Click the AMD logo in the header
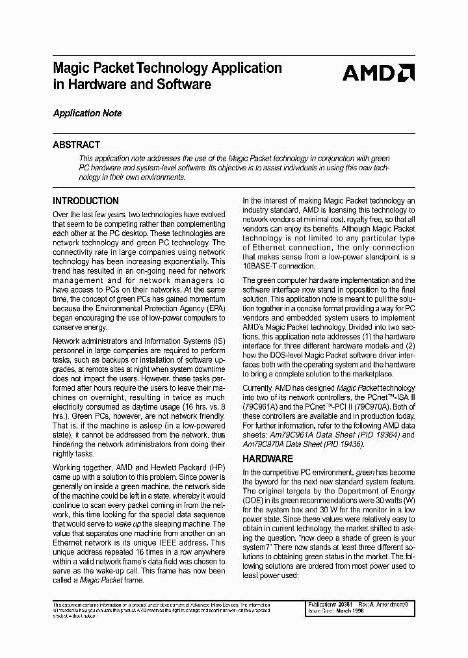(378, 73)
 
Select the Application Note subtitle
(87, 113)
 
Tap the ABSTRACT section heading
(76, 145)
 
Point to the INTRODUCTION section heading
(85, 201)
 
